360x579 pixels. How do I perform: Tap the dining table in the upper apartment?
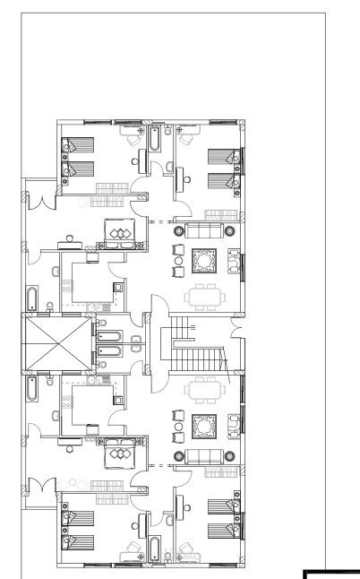[x=201, y=296]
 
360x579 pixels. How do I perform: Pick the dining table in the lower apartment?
[x=201, y=391]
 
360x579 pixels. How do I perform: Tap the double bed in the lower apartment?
[x=119, y=455]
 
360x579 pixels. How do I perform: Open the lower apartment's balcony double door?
[x=37, y=489]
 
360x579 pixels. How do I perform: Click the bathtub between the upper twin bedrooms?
[x=155, y=140]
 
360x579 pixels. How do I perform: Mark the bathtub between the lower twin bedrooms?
[x=155, y=548]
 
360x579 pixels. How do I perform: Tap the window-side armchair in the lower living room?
[x=234, y=424]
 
